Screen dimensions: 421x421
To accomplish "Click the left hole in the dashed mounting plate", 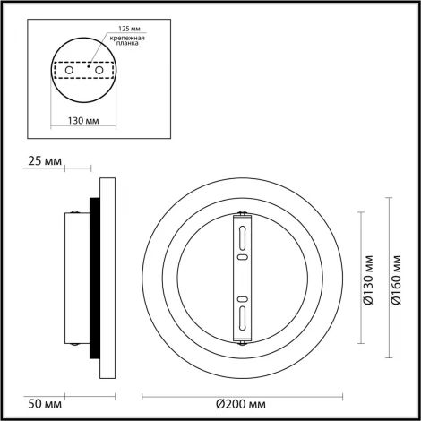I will pyautogui.click(x=71, y=68).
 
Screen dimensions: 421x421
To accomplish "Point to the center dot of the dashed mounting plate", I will pyautogui.click(x=88, y=64).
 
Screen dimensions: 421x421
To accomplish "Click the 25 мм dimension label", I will pyautogui.click(x=42, y=161).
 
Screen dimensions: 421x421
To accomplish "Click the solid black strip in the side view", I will pyautogui.click(x=92, y=279).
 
